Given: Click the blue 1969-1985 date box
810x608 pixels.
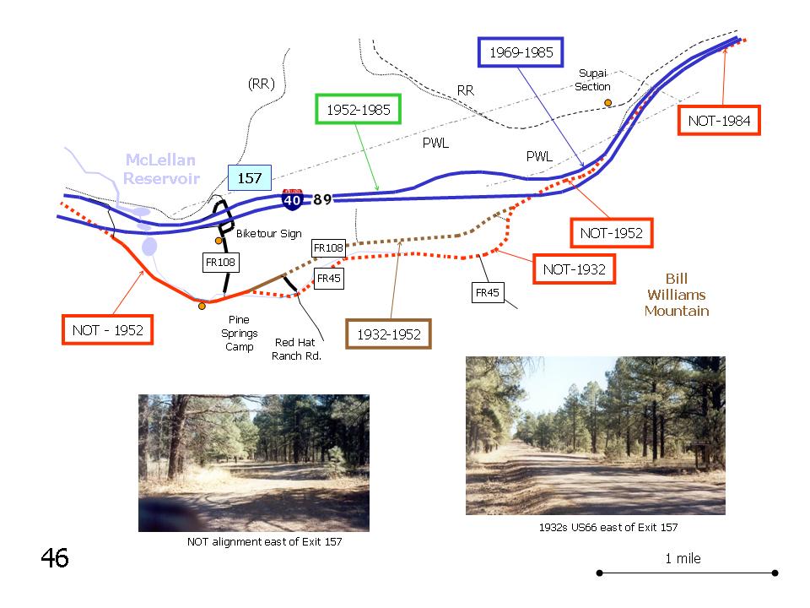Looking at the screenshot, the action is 521,52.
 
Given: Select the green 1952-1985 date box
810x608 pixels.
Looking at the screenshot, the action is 358,109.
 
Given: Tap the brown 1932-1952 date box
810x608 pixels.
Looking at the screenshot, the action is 388,334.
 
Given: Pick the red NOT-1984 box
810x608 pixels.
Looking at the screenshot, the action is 719,121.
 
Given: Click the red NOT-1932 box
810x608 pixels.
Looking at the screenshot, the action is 574,269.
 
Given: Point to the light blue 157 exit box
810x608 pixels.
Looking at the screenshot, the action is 250,178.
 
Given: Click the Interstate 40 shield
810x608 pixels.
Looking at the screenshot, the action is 293,199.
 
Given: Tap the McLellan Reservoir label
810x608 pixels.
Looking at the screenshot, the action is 161,169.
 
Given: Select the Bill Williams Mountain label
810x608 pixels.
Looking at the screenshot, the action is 677,295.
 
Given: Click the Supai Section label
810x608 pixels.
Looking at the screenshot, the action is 592,80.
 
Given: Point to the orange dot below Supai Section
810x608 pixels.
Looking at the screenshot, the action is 608,103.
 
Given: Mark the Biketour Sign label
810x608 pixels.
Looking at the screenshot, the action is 268,234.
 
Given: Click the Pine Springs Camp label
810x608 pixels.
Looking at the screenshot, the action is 239,334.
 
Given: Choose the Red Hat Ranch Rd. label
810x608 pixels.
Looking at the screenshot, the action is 296,349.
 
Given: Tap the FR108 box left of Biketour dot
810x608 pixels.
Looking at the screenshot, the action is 220,262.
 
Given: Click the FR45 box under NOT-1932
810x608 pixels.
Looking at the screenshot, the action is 488,293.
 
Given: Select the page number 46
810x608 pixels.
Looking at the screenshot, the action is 55,558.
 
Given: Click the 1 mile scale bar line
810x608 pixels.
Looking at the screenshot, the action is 687,573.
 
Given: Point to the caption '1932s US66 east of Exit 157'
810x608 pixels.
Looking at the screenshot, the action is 608,527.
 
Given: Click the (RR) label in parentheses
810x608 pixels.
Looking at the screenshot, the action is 262,84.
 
